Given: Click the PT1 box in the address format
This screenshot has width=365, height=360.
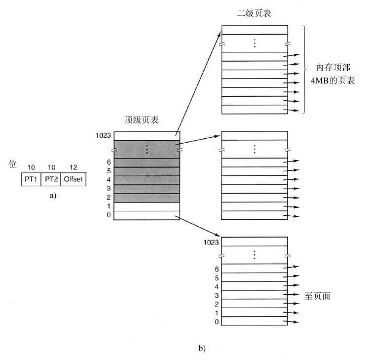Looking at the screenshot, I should click(31, 179).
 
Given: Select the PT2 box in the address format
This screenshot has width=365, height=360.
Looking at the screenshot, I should click(51, 179).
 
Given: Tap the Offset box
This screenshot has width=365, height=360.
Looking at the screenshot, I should click(73, 179).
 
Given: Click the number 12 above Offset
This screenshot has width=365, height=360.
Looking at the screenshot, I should click(73, 167).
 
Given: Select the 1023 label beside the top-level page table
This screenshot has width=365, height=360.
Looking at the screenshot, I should click(105, 134).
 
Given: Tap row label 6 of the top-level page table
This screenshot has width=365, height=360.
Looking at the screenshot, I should click(109, 162).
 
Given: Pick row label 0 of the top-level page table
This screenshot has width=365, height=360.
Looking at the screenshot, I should click(109, 215).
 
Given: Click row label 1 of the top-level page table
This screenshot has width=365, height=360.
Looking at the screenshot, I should click(109, 206).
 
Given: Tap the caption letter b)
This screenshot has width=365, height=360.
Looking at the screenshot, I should click(201, 349).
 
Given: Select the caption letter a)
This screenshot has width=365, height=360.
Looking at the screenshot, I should click(53, 196).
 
